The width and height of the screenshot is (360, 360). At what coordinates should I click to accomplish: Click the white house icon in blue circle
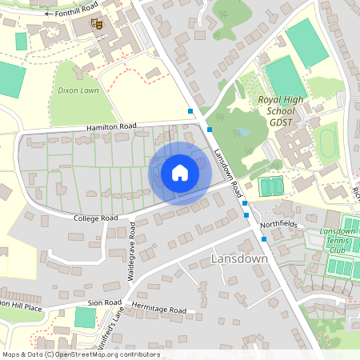click(x=179, y=173)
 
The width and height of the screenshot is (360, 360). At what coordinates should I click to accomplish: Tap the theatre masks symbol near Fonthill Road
click(x=96, y=25)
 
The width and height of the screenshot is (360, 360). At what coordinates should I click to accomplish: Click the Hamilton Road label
click(x=112, y=126)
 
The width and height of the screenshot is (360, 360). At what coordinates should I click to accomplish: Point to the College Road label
click(x=95, y=218)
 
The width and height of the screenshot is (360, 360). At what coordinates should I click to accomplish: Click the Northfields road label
click(x=278, y=224)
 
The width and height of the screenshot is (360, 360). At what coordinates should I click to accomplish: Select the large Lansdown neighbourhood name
click(x=238, y=260)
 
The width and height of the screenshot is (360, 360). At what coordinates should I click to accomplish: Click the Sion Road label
click(x=104, y=302)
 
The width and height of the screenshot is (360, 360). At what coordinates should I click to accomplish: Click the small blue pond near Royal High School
click(x=242, y=131)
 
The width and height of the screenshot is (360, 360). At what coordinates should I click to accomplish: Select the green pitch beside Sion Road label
click(x=85, y=317)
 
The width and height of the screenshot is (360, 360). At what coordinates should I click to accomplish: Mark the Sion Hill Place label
click(x=19, y=306)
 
